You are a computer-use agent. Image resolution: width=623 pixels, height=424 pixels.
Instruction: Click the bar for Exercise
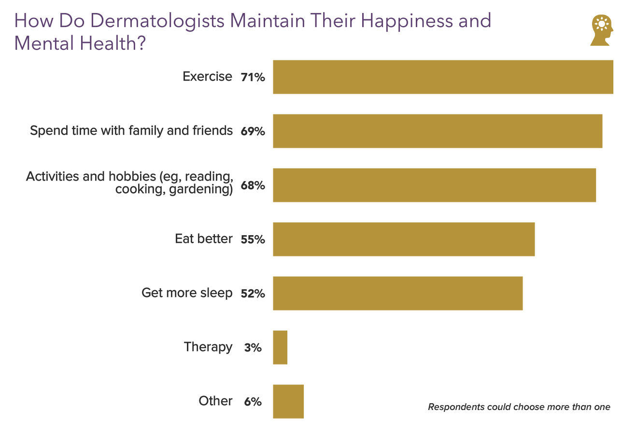click(x=443, y=77)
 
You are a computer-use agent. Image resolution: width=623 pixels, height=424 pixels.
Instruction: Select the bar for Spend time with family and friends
click(x=438, y=131)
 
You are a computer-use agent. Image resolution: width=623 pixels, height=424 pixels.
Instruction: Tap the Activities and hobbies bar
click(x=434, y=185)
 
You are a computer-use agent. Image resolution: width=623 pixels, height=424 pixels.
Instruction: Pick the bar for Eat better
click(x=404, y=239)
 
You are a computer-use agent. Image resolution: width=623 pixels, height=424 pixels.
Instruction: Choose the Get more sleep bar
click(x=397, y=293)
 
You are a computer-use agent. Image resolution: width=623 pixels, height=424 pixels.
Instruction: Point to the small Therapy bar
click(x=280, y=347)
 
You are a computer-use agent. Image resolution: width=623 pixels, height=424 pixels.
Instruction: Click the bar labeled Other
click(x=288, y=401)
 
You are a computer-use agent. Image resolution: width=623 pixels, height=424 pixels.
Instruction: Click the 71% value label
click(x=253, y=77)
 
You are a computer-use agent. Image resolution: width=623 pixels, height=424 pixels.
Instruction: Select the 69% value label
click(x=253, y=131)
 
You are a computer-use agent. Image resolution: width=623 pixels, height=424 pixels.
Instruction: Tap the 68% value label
click(x=253, y=185)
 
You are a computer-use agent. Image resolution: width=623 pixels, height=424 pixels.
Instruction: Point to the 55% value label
click(x=253, y=240)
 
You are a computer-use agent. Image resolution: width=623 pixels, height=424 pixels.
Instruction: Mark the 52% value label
click(x=253, y=294)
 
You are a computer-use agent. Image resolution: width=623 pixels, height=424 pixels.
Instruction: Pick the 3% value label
click(x=253, y=348)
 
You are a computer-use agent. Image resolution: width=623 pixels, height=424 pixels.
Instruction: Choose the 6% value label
click(x=253, y=402)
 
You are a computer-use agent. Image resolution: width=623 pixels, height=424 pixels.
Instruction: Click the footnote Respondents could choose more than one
click(x=519, y=407)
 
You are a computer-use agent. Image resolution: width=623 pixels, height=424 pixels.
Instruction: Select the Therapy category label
click(x=208, y=347)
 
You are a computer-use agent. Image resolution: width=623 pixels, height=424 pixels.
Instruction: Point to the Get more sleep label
click(x=187, y=293)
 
